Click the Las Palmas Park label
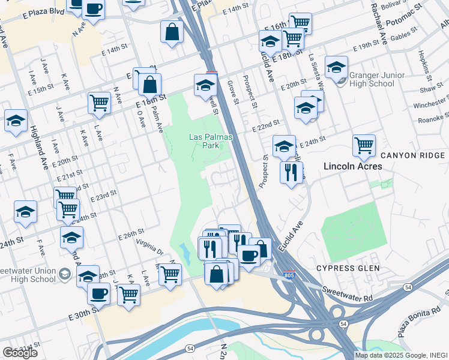click(x=203, y=141)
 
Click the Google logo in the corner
click(x=20, y=353)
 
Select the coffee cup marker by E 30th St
click(x=98, y=293)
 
